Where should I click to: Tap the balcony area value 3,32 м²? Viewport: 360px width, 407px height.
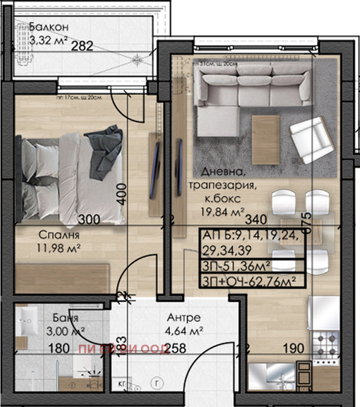click(48, 41)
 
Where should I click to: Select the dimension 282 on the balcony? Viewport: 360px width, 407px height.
click(82, 46)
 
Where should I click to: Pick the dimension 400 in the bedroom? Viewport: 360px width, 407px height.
click(122, 194)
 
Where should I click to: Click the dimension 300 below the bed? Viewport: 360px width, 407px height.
click(89, 219)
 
